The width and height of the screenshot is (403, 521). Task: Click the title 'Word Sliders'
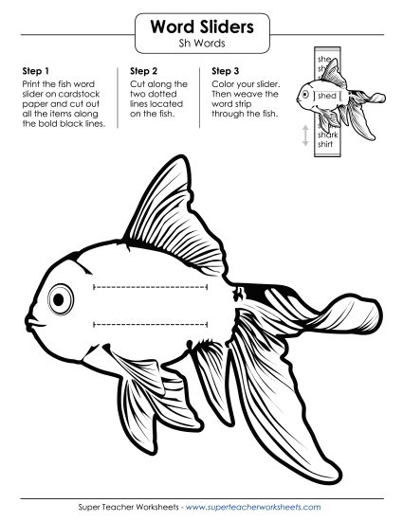pos(201,27)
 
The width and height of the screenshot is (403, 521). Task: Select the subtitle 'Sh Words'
pos(201,45)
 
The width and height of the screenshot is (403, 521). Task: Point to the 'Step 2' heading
pos(143,70)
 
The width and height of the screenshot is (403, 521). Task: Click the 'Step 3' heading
pos(227,70)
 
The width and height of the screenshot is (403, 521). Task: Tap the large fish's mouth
pos(31,320)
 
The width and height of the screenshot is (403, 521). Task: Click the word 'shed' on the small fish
pos(328,97)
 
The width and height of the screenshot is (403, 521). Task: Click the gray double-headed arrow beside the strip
pos(305,135)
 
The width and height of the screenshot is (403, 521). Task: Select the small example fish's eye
pos(305,93)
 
